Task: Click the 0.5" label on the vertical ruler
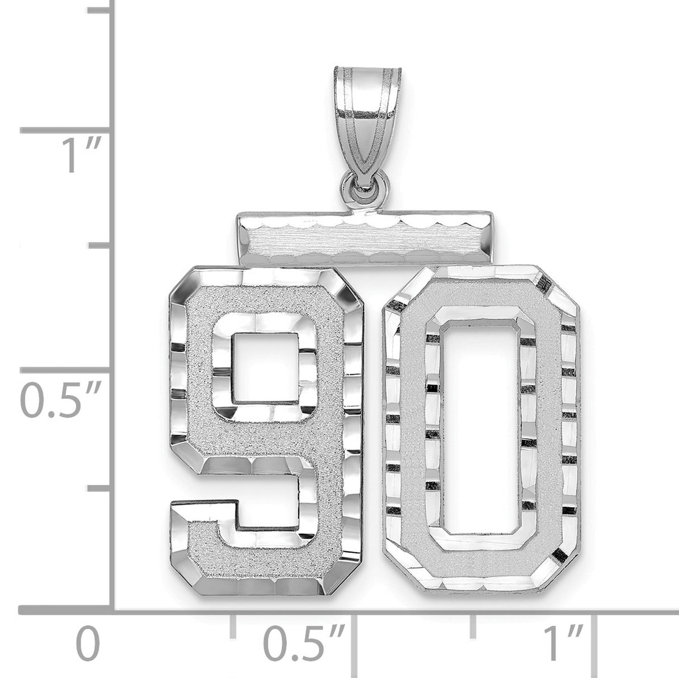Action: pos(60,401)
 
